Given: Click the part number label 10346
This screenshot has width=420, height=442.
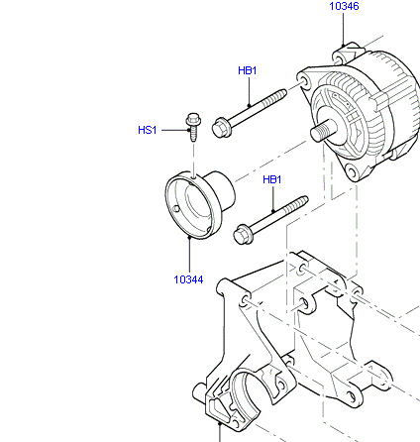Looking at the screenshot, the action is coord(344,6).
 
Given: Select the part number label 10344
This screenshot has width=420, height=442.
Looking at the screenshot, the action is coord(188,279).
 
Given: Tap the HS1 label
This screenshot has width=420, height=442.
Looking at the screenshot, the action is coord(148,130).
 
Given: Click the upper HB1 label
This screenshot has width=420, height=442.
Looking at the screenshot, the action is coord(248,70).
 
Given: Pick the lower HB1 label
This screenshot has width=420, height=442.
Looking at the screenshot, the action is coord(272,179).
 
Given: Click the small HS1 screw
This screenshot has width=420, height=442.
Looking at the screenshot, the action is coord(193,127).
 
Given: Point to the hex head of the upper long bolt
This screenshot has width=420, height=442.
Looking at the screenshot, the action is coord(221,128).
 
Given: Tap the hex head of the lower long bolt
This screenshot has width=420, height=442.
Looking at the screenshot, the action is coord(243,235).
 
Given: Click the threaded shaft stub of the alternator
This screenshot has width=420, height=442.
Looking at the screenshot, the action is coord(322,131).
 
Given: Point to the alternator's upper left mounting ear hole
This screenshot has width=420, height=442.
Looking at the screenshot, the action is coord(302,81).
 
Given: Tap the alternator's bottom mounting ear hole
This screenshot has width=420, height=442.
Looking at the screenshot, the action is coord(352,172).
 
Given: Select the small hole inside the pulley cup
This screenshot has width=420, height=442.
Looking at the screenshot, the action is coord(177,209).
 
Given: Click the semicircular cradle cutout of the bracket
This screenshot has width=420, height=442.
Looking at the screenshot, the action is coord(246,389).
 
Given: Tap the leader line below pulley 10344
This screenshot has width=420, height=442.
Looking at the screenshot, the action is coord(189,255).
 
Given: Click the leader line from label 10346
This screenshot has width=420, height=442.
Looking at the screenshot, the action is coord(344,29).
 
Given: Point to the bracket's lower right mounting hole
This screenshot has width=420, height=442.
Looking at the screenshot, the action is coord(352,396).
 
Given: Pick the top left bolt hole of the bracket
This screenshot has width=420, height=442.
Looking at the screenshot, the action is coord(246,300).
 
